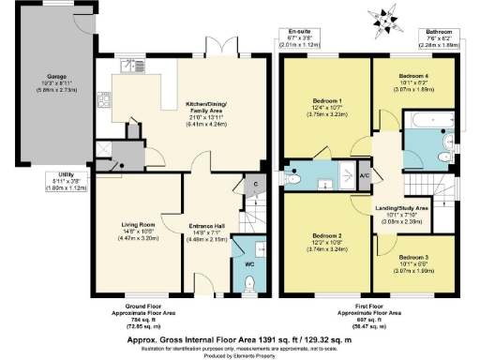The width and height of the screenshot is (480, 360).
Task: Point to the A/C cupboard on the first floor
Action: (x=365, y=175)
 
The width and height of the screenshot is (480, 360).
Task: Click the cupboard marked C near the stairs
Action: (x=254, y=186)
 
